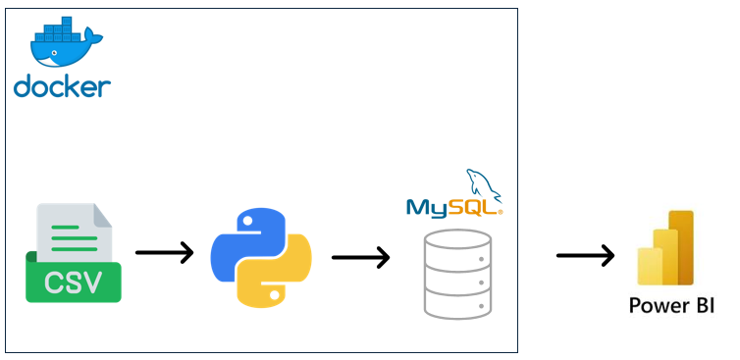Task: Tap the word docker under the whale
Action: pyautogui.click(x=62, y=86)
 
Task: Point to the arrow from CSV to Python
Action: pyautogui.click(x=164, y=253)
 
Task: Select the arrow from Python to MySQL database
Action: pyautogui.click(x=360, y=258)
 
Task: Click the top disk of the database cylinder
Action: pyautogui.click(x=456, y=241)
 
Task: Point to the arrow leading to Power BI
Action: pyautogui.click(x=585, y=256)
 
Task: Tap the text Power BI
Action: pyautogui.click(x=672, y=307)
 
